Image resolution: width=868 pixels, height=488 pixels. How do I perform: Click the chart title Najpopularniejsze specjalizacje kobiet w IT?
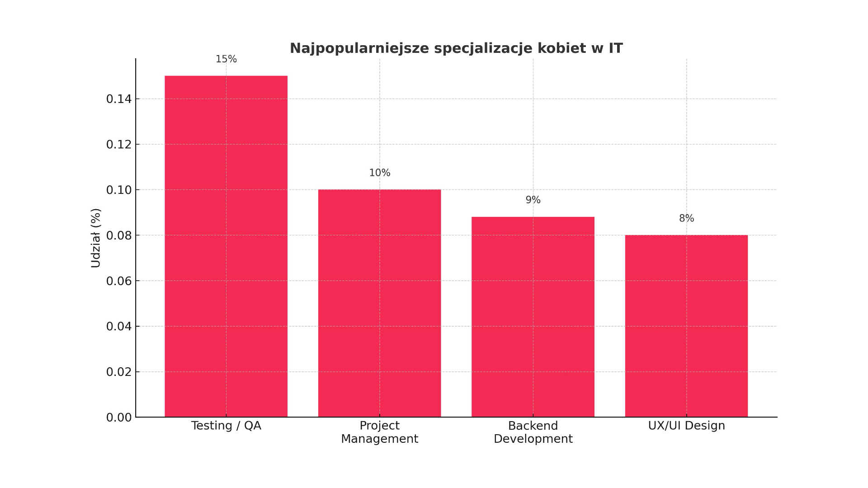coord(456,48)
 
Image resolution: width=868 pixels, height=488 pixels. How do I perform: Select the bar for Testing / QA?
coord(226,246)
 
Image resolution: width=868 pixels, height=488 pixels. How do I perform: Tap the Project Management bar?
coord(379,303)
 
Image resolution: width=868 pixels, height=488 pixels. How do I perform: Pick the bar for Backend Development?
coord(533,316)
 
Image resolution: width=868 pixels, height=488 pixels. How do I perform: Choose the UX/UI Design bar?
coord(686,325)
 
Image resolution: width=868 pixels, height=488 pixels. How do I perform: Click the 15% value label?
coord(226,59)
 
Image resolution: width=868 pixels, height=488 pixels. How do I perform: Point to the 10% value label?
coord(379,173)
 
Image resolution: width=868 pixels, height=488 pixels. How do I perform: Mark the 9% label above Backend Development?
coord(533,200)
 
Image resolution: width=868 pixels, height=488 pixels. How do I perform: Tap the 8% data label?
coord(686,219)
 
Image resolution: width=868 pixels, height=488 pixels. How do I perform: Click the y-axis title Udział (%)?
coord(96,238)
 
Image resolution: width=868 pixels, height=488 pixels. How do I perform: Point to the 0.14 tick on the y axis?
coord(119,99)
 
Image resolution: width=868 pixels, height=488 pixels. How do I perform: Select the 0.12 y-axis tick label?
coord(119,145)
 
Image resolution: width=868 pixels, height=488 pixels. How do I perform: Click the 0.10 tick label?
coord(119,190)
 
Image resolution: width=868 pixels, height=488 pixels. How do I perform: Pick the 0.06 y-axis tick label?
coord(119,281)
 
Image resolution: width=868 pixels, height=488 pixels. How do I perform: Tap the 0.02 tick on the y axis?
coord(119,372)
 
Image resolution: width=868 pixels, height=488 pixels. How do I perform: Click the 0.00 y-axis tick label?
coord(119,418)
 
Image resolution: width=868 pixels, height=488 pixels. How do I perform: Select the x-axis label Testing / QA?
coord(226,426)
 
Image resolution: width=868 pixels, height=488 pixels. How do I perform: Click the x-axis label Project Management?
coord(379,432)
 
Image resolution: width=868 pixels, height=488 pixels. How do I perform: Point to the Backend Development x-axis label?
coord(533,432)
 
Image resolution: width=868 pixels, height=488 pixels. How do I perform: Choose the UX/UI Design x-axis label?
coord(686,426)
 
